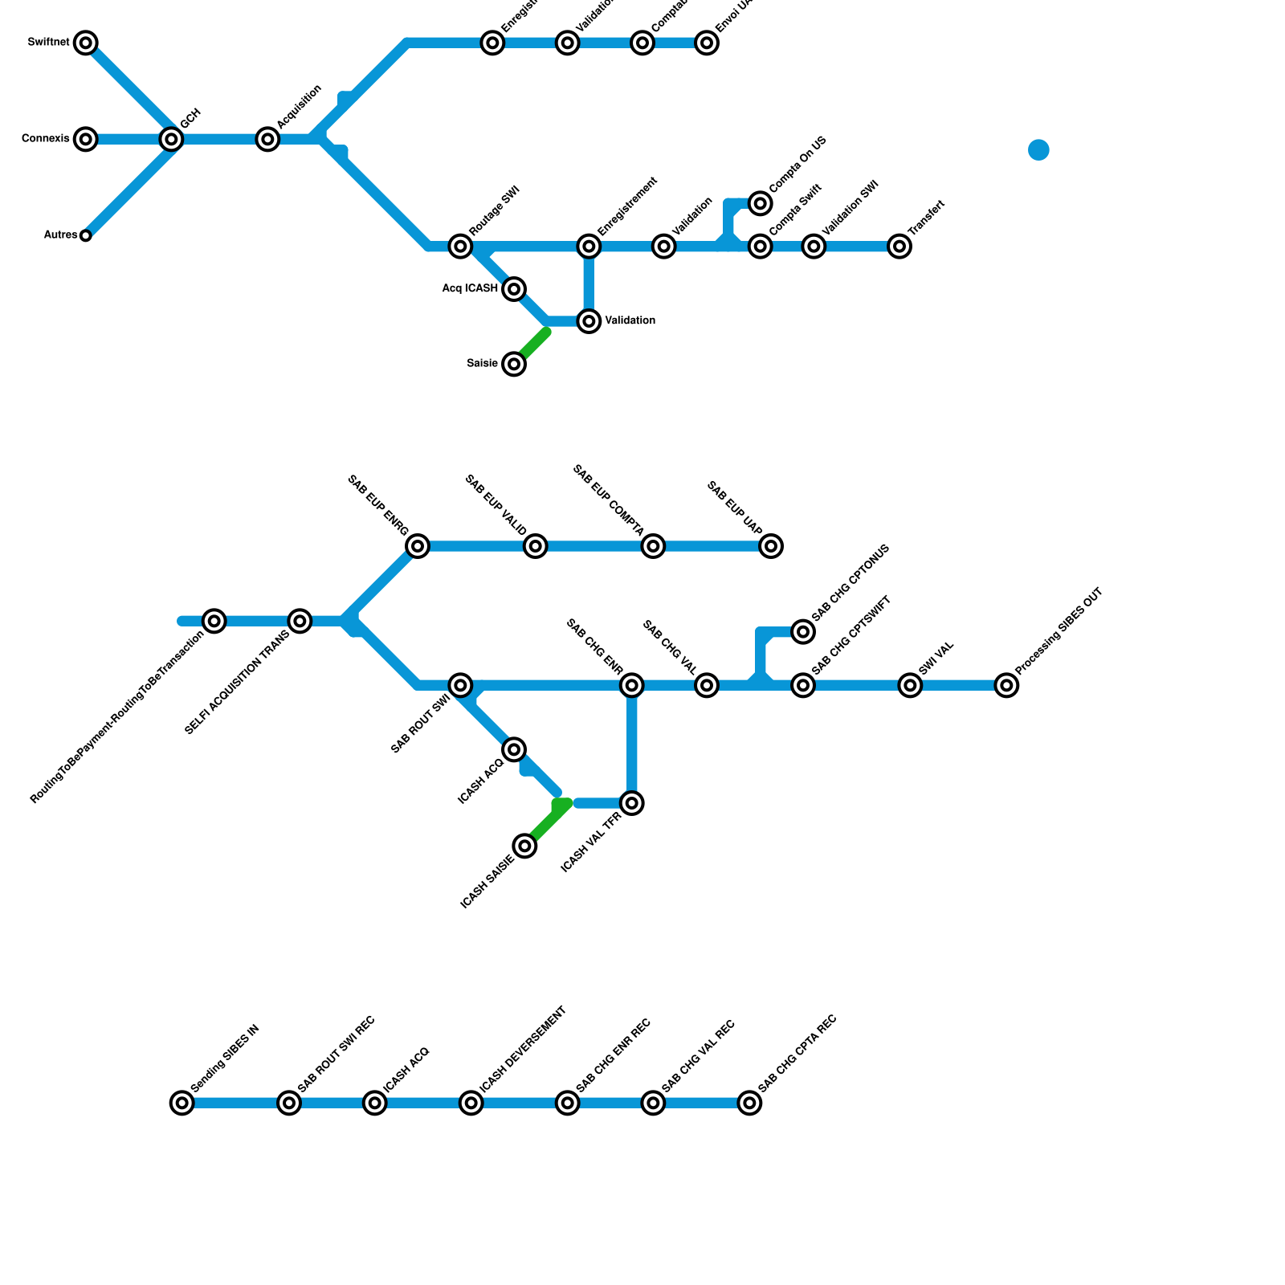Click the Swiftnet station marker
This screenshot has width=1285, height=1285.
coord(86,43)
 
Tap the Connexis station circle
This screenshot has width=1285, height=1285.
coord(86,139)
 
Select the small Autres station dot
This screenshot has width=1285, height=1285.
coord(86,235)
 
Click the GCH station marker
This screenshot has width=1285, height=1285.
coord(171,139)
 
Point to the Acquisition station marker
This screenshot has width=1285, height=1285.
coord(268,139)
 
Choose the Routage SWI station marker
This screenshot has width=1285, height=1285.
coord(460,246)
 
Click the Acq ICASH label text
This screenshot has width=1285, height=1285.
coord(470,288)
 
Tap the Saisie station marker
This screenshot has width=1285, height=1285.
coord(514,364)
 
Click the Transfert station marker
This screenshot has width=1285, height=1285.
coord(899,246)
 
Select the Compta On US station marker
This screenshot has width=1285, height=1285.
coord(761,203)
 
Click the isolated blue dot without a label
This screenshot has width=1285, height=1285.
coord(1038,150)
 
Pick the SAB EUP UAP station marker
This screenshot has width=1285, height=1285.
coord(771,546)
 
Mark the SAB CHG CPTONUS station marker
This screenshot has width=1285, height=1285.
coord(803,631)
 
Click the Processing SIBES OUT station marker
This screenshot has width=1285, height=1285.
coord(1006,685)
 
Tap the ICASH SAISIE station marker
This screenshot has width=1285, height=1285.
coord(525,846)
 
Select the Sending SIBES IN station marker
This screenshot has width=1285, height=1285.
coord(182,1103)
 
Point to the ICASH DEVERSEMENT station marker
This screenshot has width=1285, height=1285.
coord(471,1103)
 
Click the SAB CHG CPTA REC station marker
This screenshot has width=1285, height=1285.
coord(749,1103)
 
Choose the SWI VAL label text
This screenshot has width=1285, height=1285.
coord(936,658)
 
